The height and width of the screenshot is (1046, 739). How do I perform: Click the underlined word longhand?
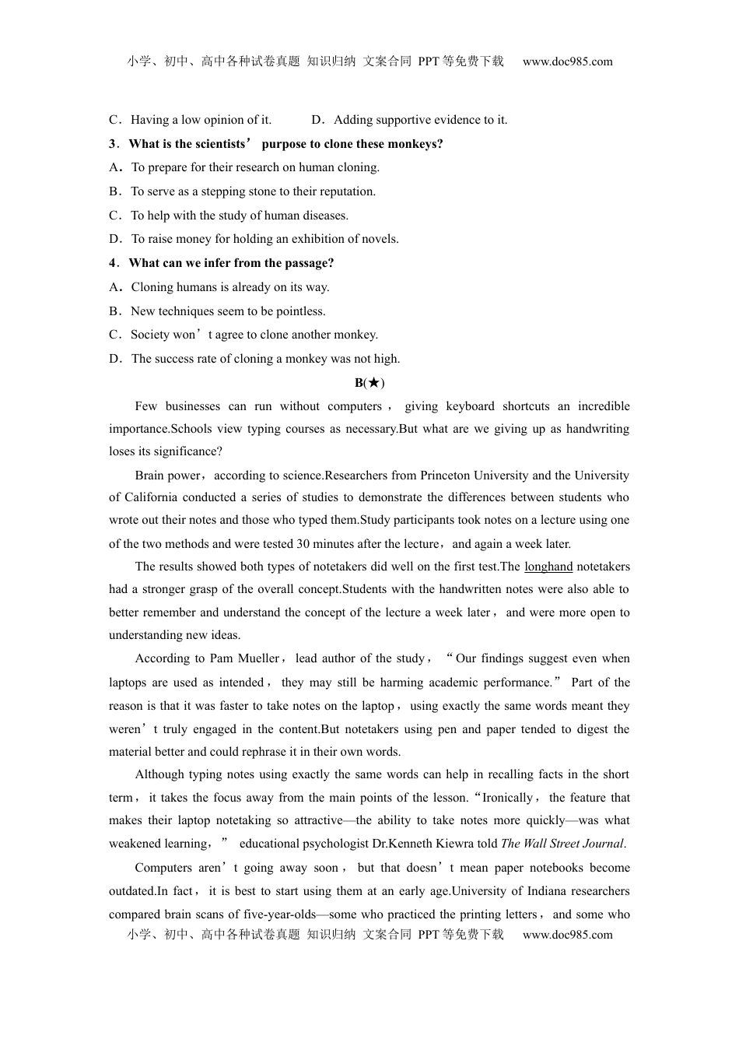click(x=548, y=567)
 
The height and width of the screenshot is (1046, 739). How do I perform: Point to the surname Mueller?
click(x=259, y=658)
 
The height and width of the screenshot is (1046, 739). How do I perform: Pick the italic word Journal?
click(x=604, y=844)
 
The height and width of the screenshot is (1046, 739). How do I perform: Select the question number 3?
click(x=113, y=144)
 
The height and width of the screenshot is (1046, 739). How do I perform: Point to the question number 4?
click(x=113, y=263)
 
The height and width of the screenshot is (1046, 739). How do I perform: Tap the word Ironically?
click(x=508, y=798)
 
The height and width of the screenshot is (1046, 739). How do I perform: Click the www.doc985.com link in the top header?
click(x=567, y=61)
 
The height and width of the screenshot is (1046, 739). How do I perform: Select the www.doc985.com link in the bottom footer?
click(x=567, y=935)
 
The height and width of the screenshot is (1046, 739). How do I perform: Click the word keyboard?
click(x=470, y=406)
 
